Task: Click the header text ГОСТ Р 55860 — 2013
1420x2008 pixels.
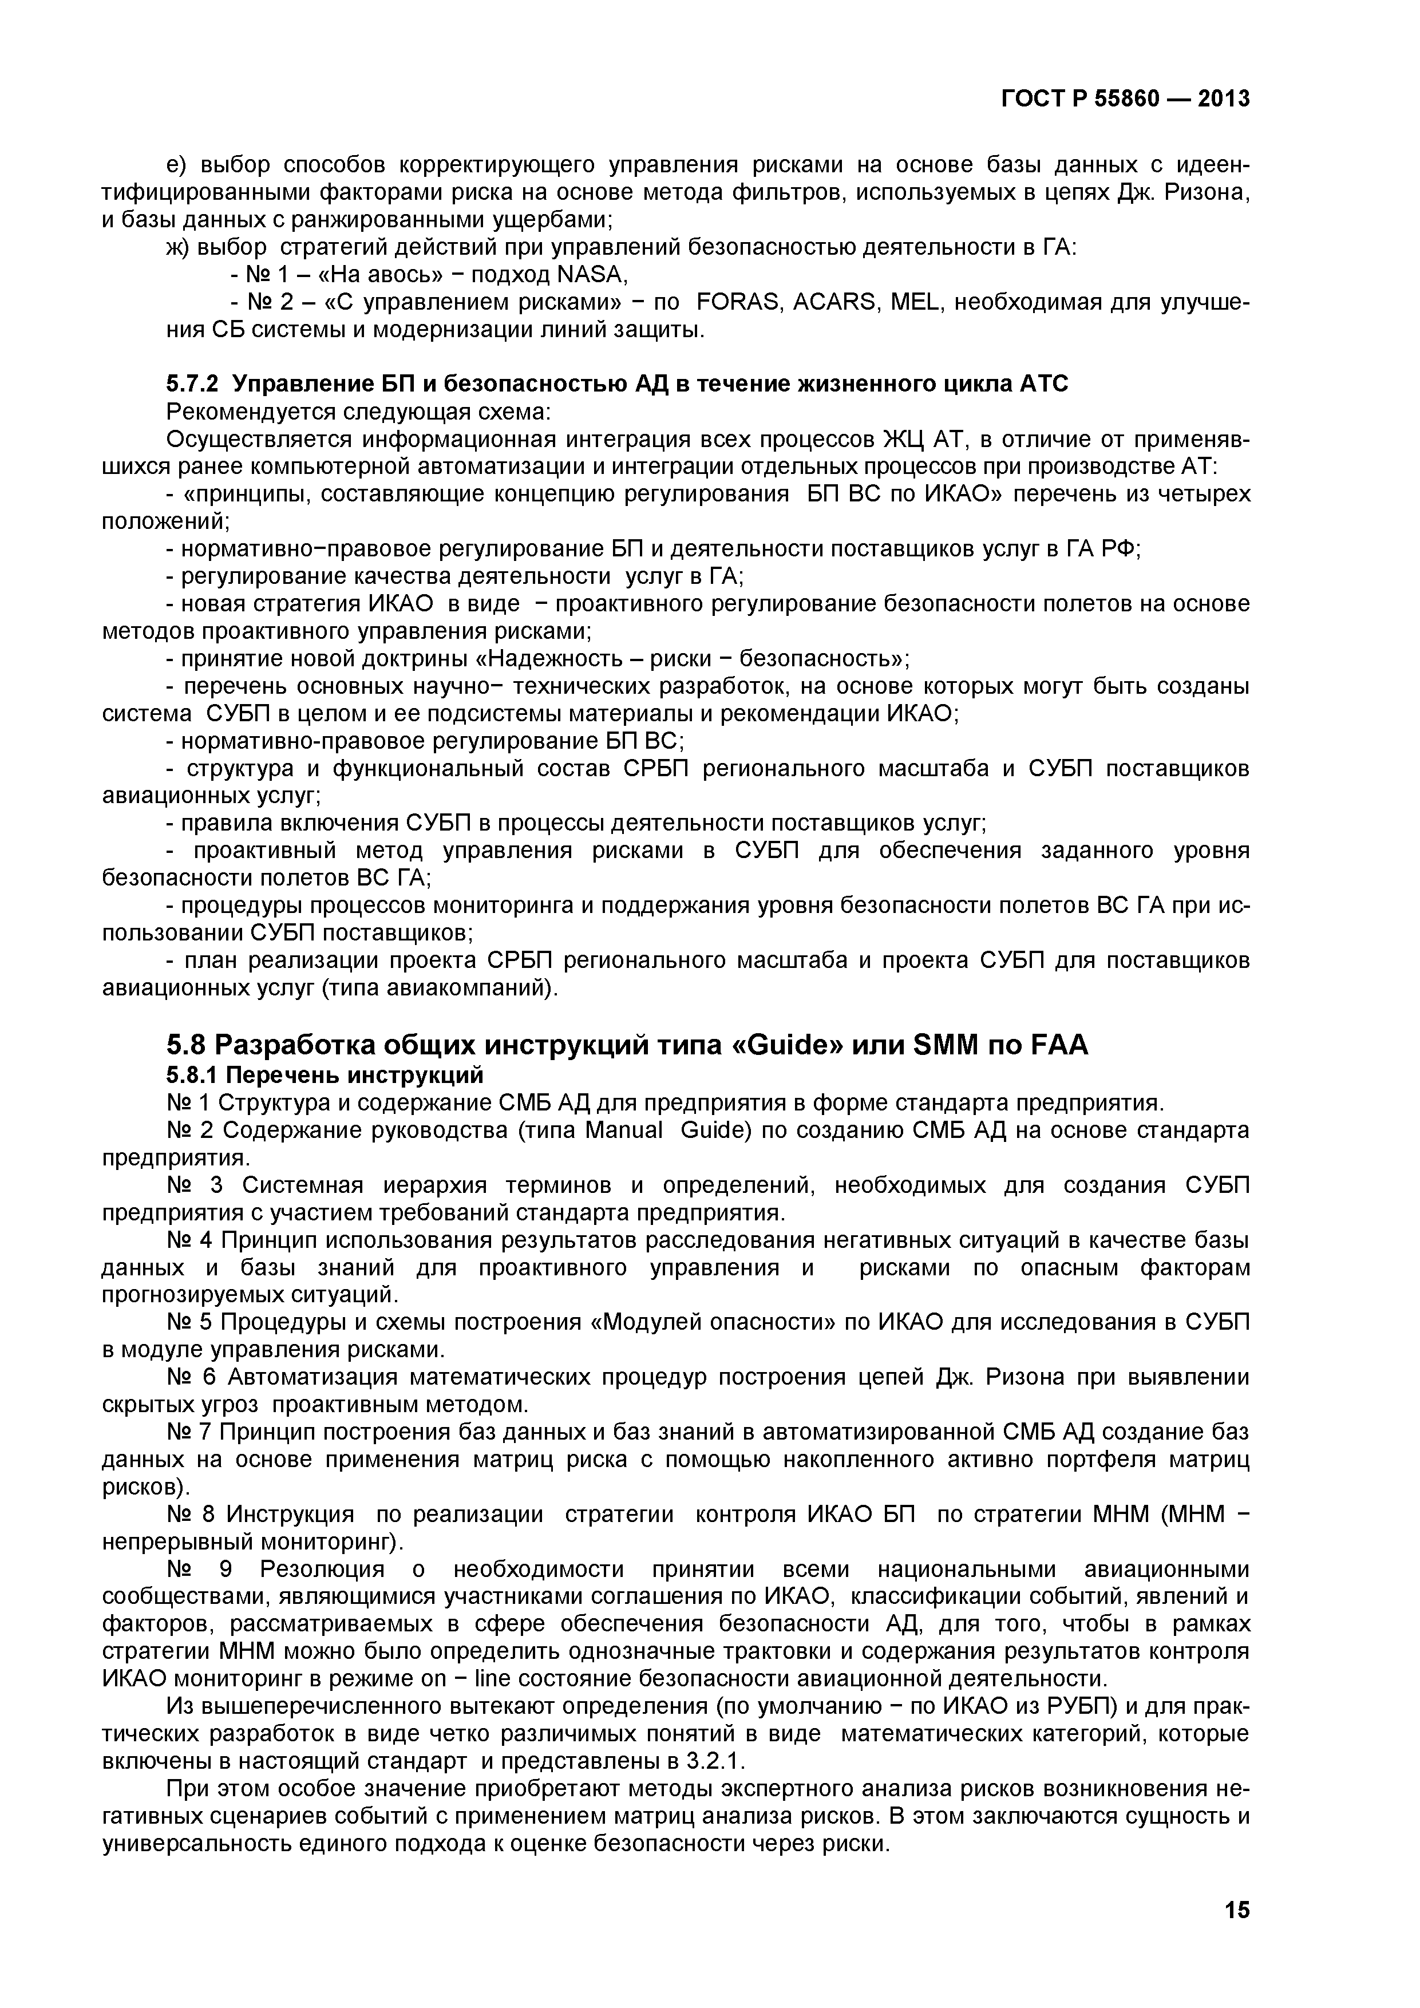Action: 1125,99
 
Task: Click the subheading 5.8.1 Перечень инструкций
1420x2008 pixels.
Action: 325,1074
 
